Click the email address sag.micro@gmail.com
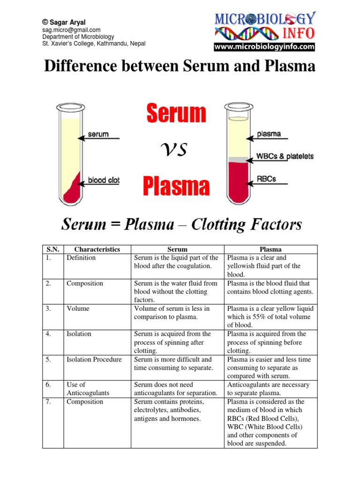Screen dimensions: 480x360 click(71, 30)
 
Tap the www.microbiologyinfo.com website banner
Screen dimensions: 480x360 click(264, 47)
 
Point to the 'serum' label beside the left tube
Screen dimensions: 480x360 click(98, 135)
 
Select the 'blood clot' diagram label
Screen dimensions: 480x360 click(104, 180)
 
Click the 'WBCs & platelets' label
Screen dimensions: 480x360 click(285, 156)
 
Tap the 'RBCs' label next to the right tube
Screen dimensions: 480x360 click(266, 178)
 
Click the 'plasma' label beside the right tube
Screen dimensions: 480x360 click(269, 134)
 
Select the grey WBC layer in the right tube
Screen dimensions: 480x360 click(238, 160)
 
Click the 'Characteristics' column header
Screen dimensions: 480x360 click(97, 249)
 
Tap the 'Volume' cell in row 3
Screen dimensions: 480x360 click(78, 309)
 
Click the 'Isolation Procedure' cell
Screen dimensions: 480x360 click(94, 360)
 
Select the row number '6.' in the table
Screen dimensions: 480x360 click(48, 385)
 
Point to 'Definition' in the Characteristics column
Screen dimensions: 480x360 click(81, 258)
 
